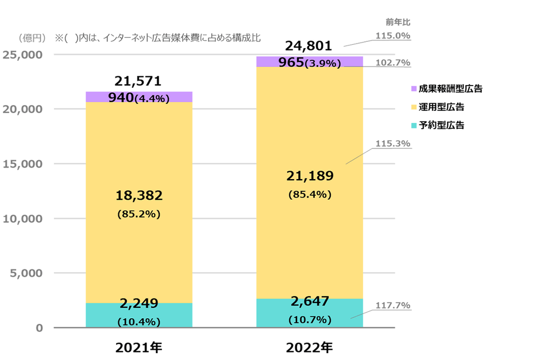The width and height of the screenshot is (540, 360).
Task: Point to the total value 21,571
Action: [138, 80]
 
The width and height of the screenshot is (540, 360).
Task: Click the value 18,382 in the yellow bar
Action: [138, 196]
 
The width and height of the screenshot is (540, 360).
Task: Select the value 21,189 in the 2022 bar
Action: [309, 176]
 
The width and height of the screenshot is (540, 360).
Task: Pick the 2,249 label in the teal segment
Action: [138, 304]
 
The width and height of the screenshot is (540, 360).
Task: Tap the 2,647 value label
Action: [309, 300]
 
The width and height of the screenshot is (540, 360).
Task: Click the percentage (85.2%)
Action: [138, 214]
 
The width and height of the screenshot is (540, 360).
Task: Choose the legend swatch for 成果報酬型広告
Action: [413, 89]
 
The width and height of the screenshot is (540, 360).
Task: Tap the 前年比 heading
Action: [398, 22]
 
